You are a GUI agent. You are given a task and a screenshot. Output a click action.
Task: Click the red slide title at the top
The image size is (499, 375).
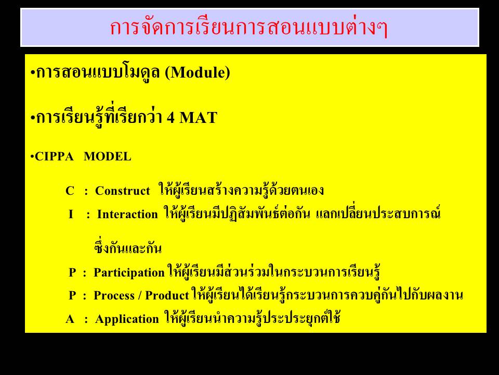click(x=248, y=28)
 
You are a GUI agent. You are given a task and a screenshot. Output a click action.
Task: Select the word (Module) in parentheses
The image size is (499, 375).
click(x=198, y=72)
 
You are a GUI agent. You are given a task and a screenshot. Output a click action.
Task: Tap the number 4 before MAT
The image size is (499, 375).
click(x=171, y=117)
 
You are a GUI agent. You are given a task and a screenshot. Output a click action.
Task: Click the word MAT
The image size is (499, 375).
click(x=198, y=117)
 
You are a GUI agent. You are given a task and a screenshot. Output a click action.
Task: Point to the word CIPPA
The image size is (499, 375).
click(x=54, y=157)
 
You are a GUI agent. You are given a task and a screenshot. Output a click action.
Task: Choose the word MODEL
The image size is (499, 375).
click(x=107, y=157)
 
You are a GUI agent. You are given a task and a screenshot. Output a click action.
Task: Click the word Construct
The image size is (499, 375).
click(x=123, y=191)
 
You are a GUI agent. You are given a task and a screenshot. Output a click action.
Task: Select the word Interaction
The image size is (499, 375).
click(x=127, y=214)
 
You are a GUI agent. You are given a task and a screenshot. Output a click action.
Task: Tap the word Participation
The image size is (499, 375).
click(x=129, y=272)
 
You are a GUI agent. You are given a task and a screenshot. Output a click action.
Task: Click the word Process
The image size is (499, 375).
click(x=114, y=296)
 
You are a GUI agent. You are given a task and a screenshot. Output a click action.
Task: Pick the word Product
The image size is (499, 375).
click(x=167, y=296)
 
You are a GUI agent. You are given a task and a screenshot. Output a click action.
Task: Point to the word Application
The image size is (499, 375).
click(x=127, y=319)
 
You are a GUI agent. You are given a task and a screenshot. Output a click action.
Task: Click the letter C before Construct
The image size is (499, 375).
click(x=70, y=191)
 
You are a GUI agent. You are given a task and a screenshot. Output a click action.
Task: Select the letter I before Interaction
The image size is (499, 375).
click(x=71, y=214)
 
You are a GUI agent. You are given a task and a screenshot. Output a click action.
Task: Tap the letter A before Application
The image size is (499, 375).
click(x=70, y=319)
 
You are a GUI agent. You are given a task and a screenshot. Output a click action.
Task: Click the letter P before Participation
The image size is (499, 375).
click(x=72, y=272)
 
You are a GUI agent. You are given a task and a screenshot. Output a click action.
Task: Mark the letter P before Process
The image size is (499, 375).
click(x=72, y=296)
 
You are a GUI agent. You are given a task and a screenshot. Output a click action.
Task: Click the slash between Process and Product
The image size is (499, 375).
click(x=140, y=296)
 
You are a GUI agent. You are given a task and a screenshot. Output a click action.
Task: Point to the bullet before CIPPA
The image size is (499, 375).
click(x=32, y=157)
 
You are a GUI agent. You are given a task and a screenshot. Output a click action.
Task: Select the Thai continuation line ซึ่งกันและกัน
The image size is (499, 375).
click(x=128, y=247)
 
